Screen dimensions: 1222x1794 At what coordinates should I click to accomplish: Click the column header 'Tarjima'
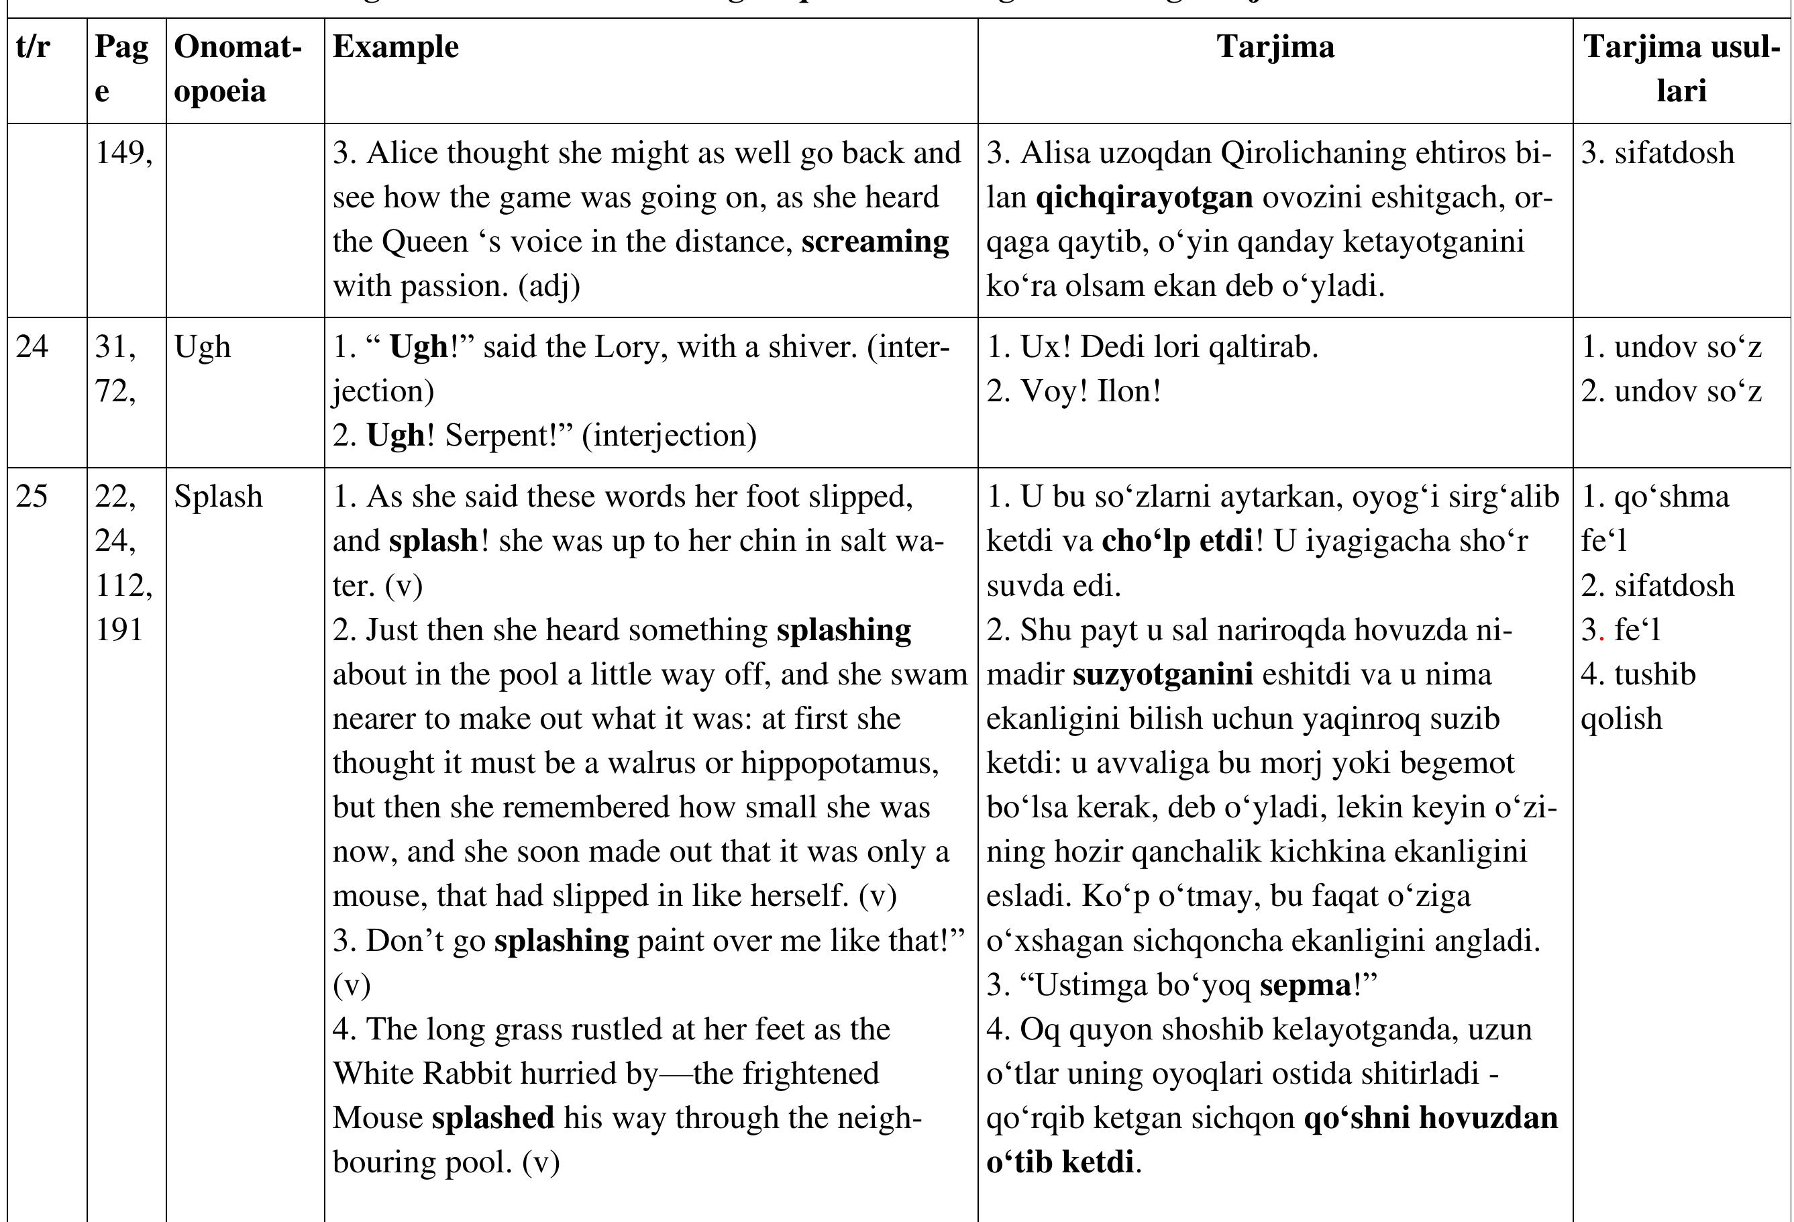point(1275,47)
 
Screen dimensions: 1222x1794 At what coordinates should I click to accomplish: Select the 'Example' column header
point(395,47)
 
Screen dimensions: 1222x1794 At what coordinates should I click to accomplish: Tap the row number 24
point(32,347)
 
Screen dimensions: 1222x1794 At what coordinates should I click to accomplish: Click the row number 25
point(32,497)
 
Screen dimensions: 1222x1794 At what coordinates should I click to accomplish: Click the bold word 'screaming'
point(875,242)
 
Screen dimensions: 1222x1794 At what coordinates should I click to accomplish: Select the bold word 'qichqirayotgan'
point(1144,197)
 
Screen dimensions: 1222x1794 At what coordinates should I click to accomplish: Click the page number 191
point(119,630)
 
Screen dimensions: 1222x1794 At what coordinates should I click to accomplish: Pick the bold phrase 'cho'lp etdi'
point(1177,541)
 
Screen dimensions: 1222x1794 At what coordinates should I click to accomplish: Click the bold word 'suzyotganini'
point(1163,674)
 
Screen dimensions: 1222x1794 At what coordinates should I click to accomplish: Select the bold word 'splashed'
point(492,1119)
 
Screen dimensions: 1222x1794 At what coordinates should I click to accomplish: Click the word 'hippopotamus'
point(839,764)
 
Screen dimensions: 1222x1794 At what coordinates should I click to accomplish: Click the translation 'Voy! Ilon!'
point(1073,391)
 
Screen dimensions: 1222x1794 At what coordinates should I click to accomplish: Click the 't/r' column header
point(33,47)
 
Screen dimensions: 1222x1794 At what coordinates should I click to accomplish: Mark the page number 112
point(123,586)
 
